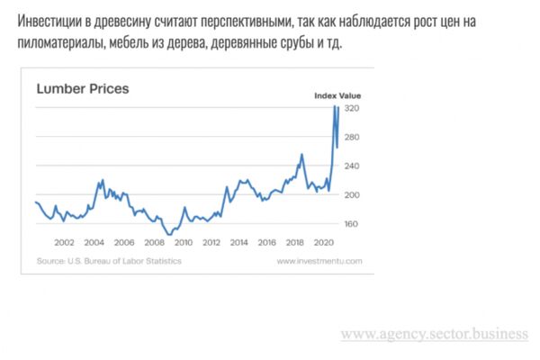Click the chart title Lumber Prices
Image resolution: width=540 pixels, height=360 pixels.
pos(83,89)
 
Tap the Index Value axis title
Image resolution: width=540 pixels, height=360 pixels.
pos(337,95)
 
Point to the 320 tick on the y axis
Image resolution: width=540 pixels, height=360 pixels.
pos(352,108)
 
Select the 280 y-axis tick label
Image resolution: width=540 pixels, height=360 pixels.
pos(352,137)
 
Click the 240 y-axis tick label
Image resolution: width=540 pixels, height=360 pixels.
pos(352,166)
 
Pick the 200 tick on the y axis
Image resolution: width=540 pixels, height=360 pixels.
pos(352,195)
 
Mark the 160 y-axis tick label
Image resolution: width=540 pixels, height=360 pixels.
pos(351,224)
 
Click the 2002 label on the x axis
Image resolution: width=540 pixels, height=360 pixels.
pos(64,242)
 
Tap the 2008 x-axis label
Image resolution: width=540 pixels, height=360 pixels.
pos(154,242)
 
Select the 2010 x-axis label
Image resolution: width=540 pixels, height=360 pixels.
pos(184,242)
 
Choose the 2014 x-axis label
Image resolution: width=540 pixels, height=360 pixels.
pos(239,242)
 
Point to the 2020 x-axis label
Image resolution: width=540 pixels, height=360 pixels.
pos(324,242)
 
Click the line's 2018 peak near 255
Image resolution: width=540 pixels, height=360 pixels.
pos(302,154)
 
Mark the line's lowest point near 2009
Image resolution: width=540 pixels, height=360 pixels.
pos(169,235)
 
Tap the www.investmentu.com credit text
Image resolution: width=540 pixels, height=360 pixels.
pos(319,261)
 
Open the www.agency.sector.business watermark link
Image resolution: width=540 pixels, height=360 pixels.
pos(435,334)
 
